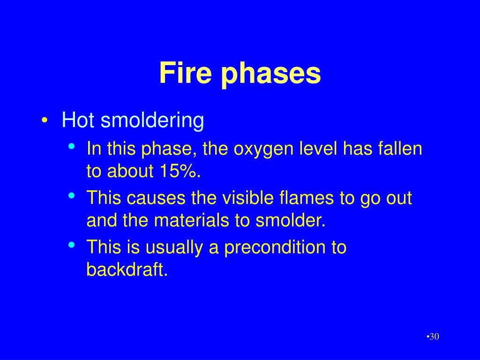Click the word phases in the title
click(271, 75)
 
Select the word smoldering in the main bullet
click(152, 120)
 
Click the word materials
click(191, 220)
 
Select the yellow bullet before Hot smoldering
click(45, 120)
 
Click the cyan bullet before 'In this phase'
click(72, 146)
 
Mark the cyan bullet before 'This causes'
click(72, 195)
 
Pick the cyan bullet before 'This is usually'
click(72, 245)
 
